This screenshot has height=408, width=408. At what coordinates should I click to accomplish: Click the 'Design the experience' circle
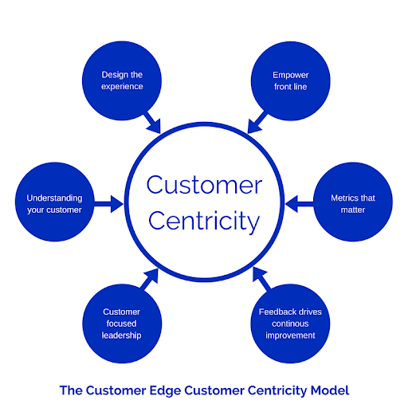coord(122,80)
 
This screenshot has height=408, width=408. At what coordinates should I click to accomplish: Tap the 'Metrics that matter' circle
coord(353,203)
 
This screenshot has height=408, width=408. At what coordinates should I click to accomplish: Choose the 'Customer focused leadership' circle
coord(122,324)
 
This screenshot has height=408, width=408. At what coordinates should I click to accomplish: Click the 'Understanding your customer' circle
coord(54,203)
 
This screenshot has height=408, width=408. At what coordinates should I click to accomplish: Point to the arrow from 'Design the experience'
coord(151,122)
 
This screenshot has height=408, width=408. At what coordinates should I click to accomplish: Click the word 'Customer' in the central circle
coord(204,186)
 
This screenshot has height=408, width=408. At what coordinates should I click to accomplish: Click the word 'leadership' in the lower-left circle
coord(122,335)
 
